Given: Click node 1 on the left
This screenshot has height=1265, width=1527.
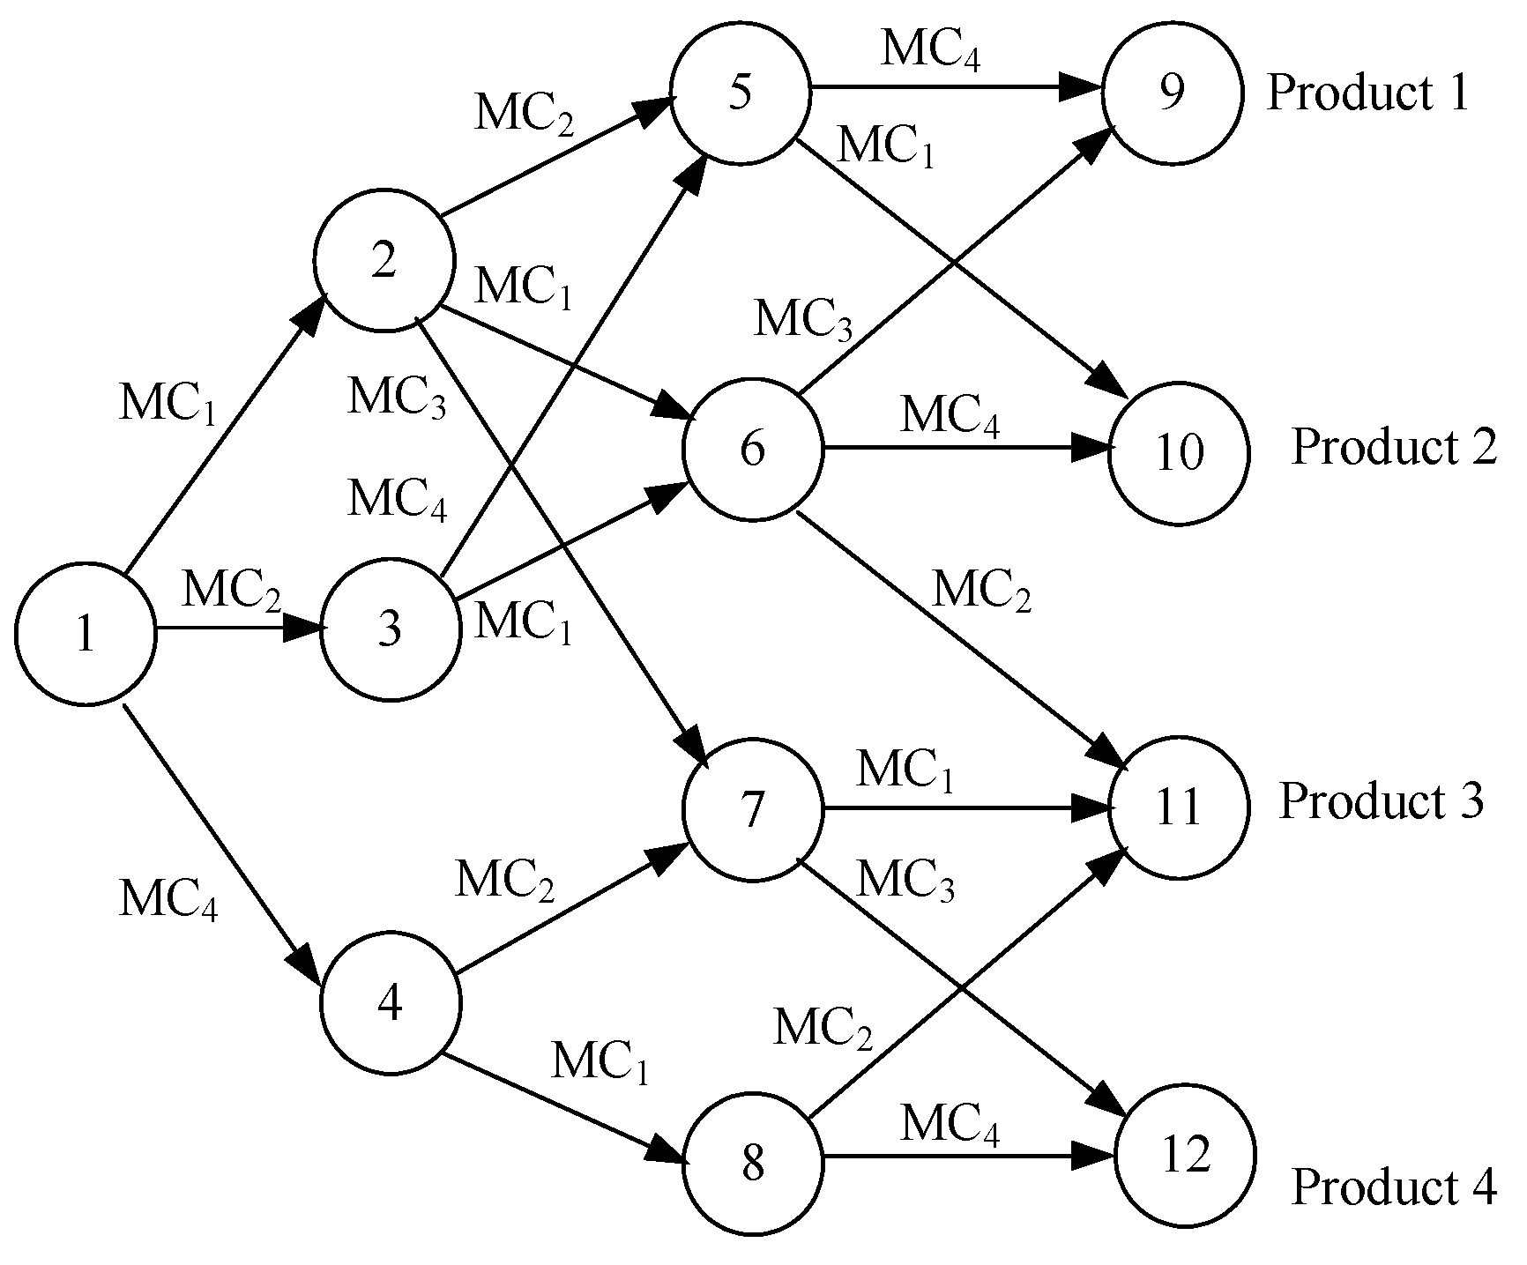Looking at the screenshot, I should click(85, 633).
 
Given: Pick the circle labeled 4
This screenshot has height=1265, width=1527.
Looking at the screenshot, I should click(390, 1003).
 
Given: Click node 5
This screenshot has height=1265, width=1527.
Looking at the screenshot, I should click(741, 93).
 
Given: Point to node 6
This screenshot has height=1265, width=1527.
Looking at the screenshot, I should click(752, 450).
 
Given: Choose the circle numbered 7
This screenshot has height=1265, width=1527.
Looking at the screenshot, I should click(752, 809).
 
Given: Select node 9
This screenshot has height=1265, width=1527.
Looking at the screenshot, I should click(1172, 93).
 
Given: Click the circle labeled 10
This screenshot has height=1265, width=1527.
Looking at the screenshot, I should click(1179, 451).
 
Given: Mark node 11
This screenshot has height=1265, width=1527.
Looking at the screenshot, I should click(1179, 807).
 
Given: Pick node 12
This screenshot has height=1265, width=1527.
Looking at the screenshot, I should click(1185, 1157).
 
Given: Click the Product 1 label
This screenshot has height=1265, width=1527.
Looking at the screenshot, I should click(1368, 93).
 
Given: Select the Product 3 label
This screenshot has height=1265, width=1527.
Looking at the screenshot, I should click(1381, 800).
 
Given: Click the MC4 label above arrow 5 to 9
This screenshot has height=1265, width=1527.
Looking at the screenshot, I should click(931, 50).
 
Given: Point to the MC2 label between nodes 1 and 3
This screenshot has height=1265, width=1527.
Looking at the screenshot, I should click(232, 590).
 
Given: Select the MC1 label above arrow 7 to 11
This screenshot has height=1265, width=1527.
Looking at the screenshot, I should click(905, 770).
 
